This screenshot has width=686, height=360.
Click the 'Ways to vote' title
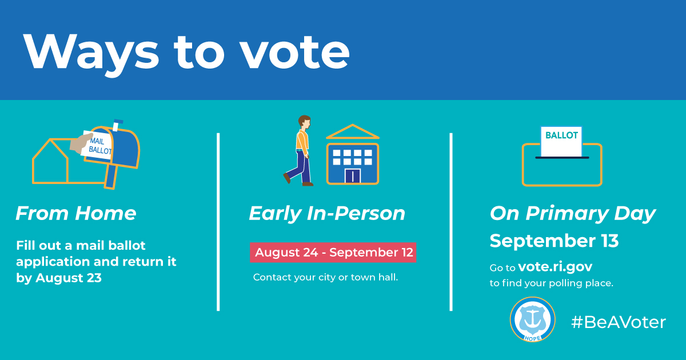tap(186, 51)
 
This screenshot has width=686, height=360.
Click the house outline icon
tap(51, 163)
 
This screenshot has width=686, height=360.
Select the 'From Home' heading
tap(76, 214)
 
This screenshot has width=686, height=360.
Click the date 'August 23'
tap(69, 278)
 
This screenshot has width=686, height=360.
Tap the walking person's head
tap(304, 122)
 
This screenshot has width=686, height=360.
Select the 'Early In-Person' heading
tap(327, 214)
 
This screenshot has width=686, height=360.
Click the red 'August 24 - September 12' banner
tap(333, 253)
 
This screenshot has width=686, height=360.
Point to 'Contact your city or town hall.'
tap(326, 278)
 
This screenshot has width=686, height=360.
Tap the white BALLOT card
tap(561, 140)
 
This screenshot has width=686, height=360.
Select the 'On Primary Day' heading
tap(572, 214)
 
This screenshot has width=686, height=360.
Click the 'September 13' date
tap(554, 241)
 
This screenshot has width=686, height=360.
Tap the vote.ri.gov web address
tap(555, 267)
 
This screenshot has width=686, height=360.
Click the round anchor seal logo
tap(532, 319)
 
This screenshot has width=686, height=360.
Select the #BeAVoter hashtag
tap(619, 322)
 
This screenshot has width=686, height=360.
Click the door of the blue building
tap(353, 175)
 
